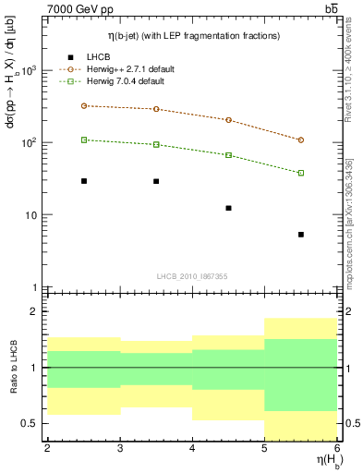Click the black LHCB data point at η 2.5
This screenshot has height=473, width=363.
[84, 181]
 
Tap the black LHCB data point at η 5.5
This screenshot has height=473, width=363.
[301, 235]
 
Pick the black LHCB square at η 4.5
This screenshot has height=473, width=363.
[229, 208]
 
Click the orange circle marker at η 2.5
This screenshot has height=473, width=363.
[84, 105]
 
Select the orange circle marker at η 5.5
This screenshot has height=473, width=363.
[301, 140]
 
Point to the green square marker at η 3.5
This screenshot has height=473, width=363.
[156, 144]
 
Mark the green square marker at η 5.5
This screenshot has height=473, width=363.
[301, 173]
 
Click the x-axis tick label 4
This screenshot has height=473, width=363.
[192, 448]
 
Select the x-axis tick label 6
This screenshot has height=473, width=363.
[337, 448]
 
